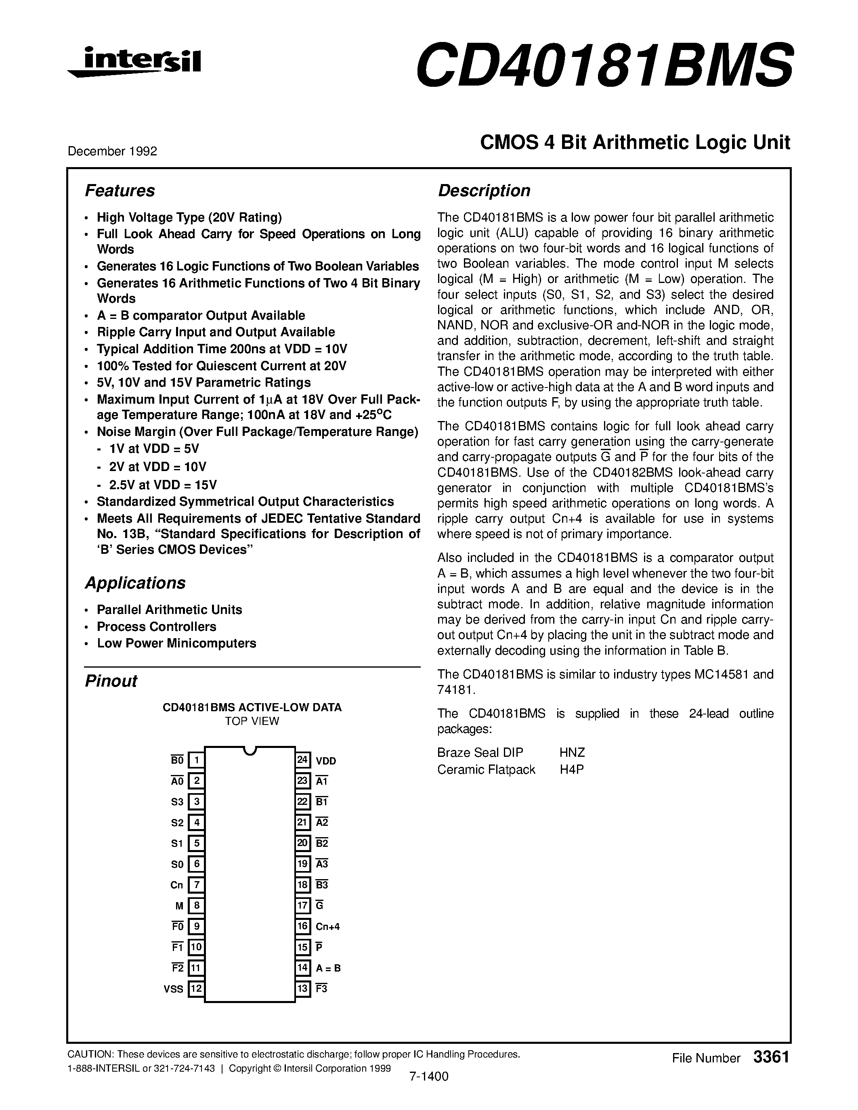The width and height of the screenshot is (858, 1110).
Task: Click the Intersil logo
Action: tap(135, 63)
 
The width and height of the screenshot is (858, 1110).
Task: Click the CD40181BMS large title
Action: tap(603, 65)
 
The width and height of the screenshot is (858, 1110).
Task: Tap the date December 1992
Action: tap(112, 151)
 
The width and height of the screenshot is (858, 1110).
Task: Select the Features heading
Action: tap(120, 191)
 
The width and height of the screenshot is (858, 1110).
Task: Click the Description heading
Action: tap(483, 191)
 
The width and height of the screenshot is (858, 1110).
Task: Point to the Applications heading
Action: tap(135, 582)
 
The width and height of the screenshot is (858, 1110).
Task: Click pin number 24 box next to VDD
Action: tap(302, 760)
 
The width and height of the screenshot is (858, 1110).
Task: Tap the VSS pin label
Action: tap(173, 989)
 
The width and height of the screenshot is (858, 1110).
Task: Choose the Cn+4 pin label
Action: tap(327, 926)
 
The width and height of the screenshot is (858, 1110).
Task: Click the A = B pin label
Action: tap(328, 968)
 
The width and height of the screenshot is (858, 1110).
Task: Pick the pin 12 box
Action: tap(196, 989)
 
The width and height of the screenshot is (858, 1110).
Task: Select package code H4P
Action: tap(571, 769)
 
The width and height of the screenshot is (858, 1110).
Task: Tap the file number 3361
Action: tap(771, 1057)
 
